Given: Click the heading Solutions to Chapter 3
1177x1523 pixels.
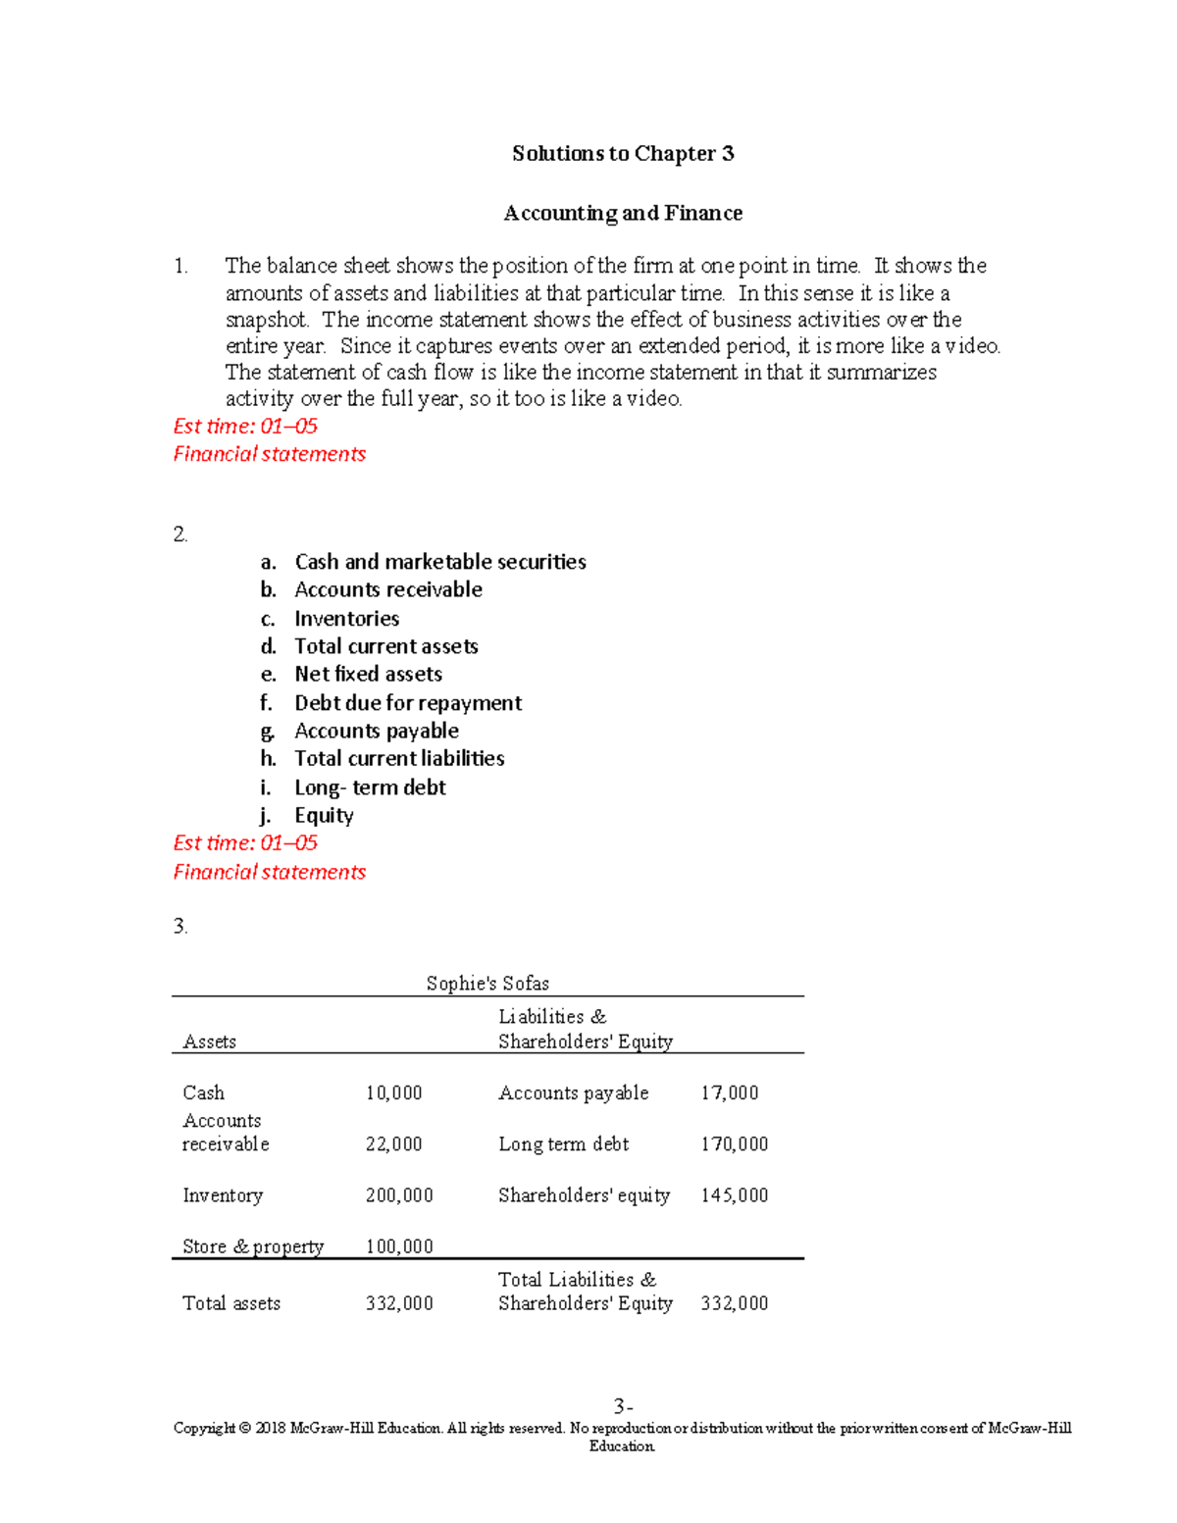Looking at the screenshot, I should pyautogui.click(x=623, y=154).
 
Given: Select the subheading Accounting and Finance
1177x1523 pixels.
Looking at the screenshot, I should pyautogui.click(x=623, y=214).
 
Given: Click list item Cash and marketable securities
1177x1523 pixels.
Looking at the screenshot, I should pyautogui.click(x=439, y=562).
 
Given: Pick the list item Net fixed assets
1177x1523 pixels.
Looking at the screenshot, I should pyautogui.click(x=368, y=674).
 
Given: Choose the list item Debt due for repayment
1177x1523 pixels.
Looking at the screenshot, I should pyautogui.click(x=408, y=703).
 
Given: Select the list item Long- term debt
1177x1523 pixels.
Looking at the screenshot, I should pyautogui.click(x=370, y=787).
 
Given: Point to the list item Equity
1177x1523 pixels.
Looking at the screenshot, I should pyautogui.click(x=324, y=816).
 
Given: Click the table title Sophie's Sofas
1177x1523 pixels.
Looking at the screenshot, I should pyautogui.click(x=487, y=984).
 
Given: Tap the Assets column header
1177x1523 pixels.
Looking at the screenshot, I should pyautogui.click(x=209, y=1041).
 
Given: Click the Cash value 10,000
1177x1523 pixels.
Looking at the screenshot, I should pyautogui.click(x=393, y=1093).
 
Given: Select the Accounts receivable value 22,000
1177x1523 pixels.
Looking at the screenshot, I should pyautogui.click(x=393, y=1144).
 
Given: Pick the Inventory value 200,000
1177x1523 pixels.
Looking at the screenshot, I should pyautogui.click(x=398, y=1195).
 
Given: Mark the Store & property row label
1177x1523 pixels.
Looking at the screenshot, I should pyautogui.click(x=252, y=1246).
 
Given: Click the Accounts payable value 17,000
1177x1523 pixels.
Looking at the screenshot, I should pyautogui.click(x=729, y=1093).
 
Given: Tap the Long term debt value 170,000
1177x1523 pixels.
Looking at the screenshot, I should pyautogui.click(x=734, y=1144).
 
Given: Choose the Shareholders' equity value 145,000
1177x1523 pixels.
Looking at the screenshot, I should pyautogui.click(x=734, y=1195).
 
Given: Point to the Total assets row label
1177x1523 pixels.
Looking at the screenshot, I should pyautogui.click(x=231, y=1303).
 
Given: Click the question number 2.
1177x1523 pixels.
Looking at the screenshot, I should pyautogui.click(x=179, y=534).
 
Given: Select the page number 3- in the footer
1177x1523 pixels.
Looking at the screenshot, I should pyautogui.click(x=623, y=1406).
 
